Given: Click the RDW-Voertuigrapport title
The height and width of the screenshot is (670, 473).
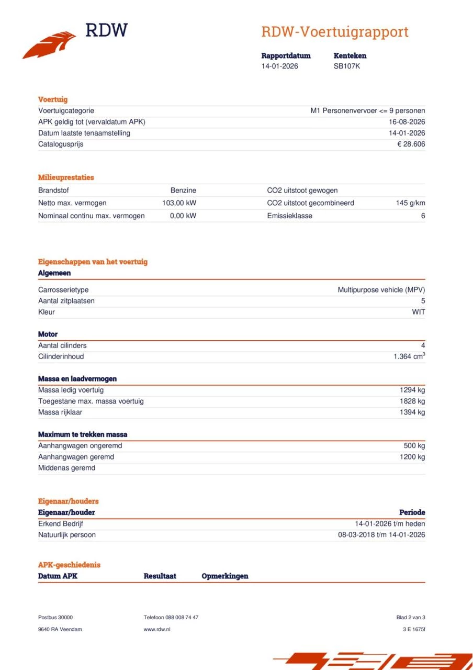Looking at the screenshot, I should pos(334,32).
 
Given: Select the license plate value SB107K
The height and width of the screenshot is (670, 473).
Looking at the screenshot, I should pos(347,66).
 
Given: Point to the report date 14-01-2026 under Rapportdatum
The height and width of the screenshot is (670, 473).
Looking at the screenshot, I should pos(280,66).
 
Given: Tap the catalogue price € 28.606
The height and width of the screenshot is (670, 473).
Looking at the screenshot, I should pos(411,144).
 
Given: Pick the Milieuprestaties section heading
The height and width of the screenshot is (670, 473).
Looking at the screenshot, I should pos(66,177).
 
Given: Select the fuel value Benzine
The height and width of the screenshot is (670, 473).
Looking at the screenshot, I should pos(183,191).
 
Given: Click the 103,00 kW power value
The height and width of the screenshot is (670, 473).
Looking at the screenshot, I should pos(179,203).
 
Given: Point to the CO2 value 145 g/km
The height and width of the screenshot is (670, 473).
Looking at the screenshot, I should pos(410,203).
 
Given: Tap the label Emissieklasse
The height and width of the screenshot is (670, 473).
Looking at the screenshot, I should pos(289,216).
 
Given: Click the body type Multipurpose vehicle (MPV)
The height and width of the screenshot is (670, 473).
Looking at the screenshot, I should pos(381,289).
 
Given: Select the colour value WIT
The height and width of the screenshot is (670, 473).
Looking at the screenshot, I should pos(419,312).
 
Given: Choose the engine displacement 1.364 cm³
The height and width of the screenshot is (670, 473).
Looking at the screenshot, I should pos(409,356).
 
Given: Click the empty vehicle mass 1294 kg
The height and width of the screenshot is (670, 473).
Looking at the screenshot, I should pos(412,390).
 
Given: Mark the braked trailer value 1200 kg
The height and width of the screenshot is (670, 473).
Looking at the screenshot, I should pos(412,457).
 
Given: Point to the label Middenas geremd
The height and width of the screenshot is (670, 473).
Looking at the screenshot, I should pos(66,468).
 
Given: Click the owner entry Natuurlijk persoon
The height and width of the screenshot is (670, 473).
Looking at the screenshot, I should pos(67,535).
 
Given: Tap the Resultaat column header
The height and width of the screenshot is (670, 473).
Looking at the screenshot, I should pos(160,576).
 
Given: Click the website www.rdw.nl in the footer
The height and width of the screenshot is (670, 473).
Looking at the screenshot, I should pos(157,629).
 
